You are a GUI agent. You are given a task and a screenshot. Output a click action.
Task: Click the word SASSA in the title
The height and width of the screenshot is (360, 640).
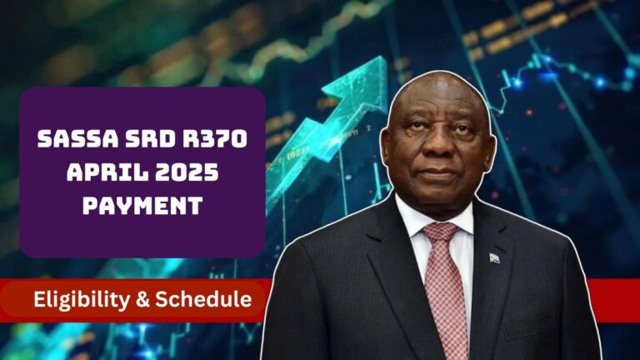[x=78, y=138]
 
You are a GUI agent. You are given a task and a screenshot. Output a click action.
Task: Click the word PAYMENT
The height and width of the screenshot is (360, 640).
[x=142, y=205]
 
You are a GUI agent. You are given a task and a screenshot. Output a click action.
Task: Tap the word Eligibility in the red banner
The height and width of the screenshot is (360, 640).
[x=81, y=300]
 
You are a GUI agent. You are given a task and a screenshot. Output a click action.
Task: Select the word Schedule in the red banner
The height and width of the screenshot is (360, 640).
[x=203, y=299]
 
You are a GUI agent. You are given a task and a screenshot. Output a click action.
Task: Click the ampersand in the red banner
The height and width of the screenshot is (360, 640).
[x=142, y=300]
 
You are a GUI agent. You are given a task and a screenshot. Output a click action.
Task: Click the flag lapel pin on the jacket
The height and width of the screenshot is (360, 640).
[x=494, y=258]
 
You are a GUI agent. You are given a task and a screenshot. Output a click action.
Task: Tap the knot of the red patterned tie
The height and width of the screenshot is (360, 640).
[x=440, y=233]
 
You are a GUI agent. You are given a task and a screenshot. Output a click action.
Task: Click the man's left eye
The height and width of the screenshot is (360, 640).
[x=460, y=130]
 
